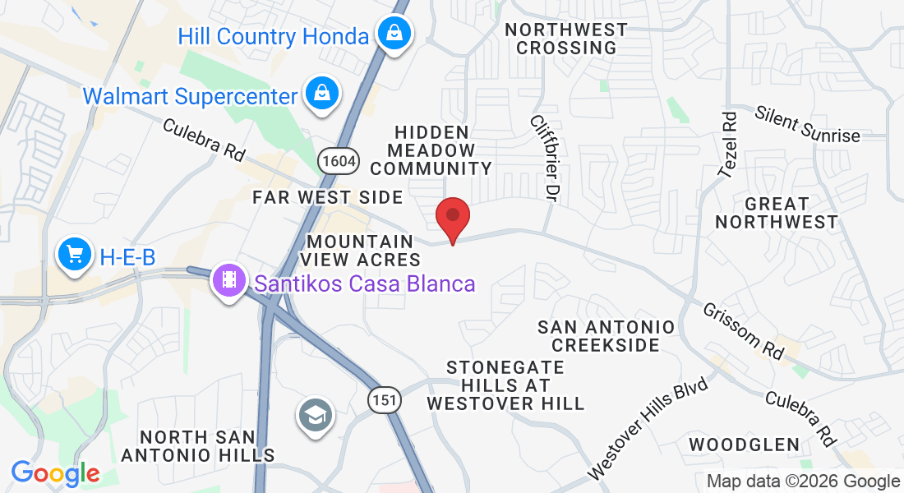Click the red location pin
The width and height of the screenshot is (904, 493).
click(452, 217)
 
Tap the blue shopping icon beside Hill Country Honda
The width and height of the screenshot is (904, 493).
click(395, 35)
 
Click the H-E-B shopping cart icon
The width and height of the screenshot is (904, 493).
click(76, 255)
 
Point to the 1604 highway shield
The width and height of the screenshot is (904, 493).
click(338, 160)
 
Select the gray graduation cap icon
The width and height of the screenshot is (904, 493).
click(315, 415)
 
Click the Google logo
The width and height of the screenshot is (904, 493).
click(55, 473)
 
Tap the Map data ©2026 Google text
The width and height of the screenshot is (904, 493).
click(804, 481)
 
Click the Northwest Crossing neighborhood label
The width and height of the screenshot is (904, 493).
click(566, 39)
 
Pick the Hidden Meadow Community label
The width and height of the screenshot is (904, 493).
click(431, 150)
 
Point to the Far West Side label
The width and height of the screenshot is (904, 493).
click(328, 197)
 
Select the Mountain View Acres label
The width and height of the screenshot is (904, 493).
click(362, 250)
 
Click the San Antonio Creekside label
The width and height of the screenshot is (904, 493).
click(607, 336)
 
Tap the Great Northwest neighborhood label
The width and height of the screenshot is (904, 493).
click(776, 212)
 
